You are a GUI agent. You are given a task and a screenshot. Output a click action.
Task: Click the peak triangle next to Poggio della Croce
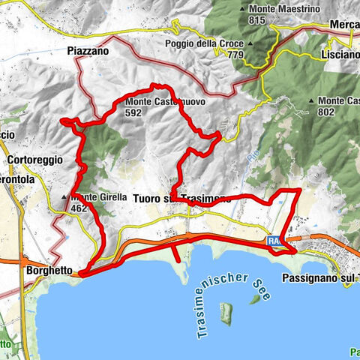point(249,43)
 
